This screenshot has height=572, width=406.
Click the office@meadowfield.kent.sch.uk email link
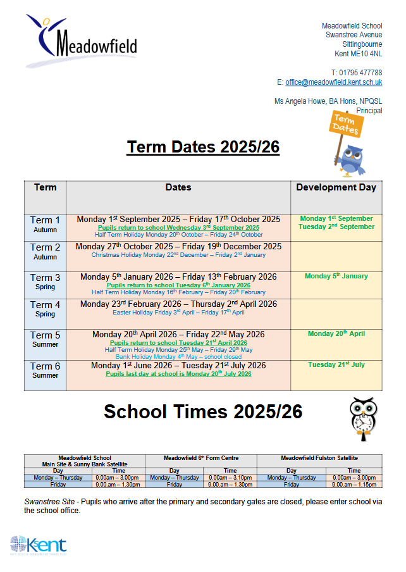[x=333, y=82]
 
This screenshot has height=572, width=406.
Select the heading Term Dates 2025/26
[x=203, y=147]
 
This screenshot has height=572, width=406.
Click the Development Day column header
[x=336, y=187]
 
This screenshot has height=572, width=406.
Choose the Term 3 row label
[x=46, y=281]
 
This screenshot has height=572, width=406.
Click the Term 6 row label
[x=46, y=370]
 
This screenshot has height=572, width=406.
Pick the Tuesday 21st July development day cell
[x=336, y=365]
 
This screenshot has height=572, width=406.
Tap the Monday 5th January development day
[x=336, y=277]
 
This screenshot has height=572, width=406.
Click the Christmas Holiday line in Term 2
[x=178, y=255]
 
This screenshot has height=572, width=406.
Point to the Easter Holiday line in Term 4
[x=178, y=313]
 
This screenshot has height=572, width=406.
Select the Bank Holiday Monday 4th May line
[x=178, y=357]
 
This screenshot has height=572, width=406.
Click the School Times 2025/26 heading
[x=203, y=412]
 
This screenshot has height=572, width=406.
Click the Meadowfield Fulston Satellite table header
[x=319, y=457]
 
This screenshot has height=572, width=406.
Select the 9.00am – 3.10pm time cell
[x=230, y=478]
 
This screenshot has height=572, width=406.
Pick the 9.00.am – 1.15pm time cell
[x=354, y=485]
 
